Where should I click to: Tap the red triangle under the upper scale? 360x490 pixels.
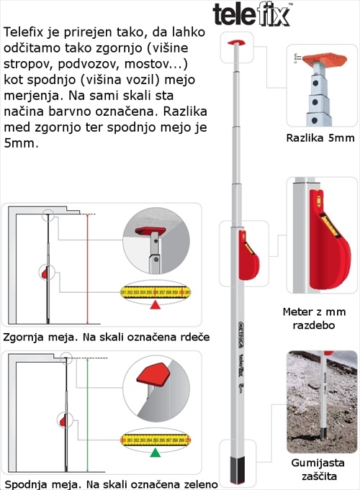[x=155, y=305]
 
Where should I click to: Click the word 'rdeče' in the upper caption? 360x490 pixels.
[x=179, y=336]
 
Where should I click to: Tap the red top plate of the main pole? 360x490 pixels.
[x=235, y=42]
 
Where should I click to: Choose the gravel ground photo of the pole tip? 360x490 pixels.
[x=320, y=391]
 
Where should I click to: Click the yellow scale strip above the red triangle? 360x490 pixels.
[x=155, y=291]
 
